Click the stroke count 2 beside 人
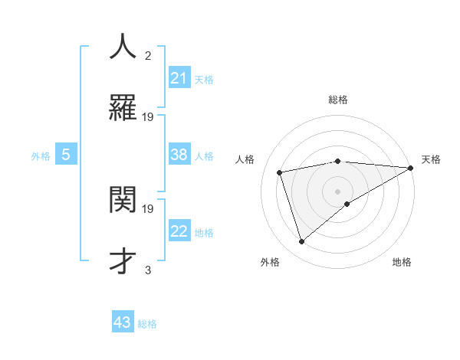(x=148, y=55)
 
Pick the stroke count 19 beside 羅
(x=148, y=116)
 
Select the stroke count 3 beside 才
(x=148, y=270)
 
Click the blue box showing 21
(x=179, y=78)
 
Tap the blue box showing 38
(x=179, y=155)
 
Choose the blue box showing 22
(x=179, y=231)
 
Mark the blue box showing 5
(x=66, y=155)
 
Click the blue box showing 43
(x=123, y=322)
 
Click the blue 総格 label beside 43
(x=147, y=324)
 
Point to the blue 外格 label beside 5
(x=41, y=156)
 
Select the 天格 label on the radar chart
(x=431, y=159)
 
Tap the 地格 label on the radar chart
(x=402, y=262)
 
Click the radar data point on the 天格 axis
(x=412, y=168)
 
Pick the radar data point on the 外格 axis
(x=301, y=242)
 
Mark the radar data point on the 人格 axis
(x=280, y=172)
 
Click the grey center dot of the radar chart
(x=337, y=191)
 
